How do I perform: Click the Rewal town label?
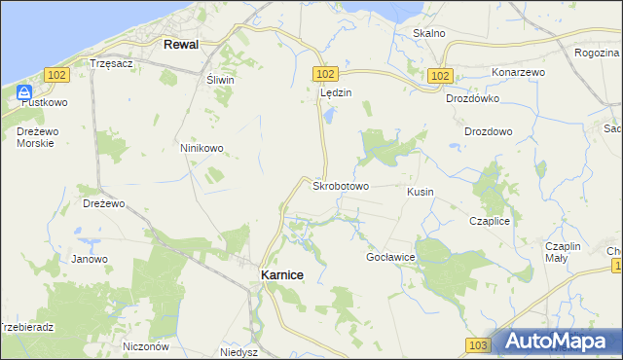point(182,45)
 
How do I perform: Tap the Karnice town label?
point(282,275)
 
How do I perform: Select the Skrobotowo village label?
point(340,185)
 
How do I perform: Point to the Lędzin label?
point(336,92)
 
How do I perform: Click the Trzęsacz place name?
point(110,62)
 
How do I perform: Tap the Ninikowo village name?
point(202,148)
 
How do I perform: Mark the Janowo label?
point(89,259)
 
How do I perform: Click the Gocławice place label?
point(390,257)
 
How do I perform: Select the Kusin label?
point(421,192)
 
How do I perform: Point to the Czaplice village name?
point(490,221)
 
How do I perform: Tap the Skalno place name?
point(428,33)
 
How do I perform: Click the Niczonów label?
point(147,345)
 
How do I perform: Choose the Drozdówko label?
point(472,98)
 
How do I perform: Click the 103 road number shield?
point(477,345)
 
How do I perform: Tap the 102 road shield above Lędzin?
point(325,74)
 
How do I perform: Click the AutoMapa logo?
point(558,342)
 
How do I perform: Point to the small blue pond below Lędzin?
point(329,116)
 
